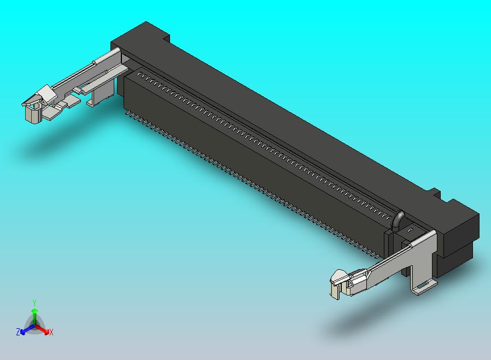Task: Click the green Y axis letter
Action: click(x=34, y=303)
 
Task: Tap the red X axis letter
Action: click(x=51, y=332)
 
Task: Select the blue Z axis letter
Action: click(x=18, y=332)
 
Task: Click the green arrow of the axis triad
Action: click(x=34, y=315)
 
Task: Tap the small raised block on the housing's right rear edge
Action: click(x=434, y=193)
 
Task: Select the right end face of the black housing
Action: click(x=459, y=241)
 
